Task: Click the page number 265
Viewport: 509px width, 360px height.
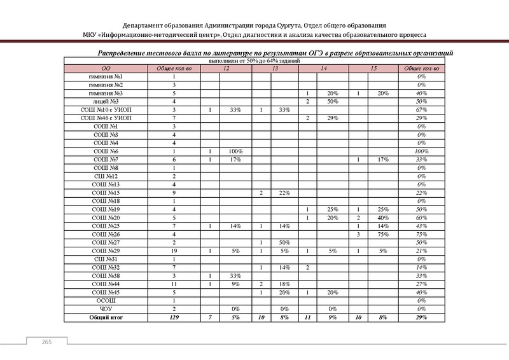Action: pyautogui.click(x=46, y=343)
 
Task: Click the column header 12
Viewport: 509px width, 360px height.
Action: pyautogui.click(x=227, y=68)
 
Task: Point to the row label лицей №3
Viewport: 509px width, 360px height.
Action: pyautogui.click(x=106, y=101)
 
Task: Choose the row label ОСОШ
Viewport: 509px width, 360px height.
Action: pyautogui.click(x=106, y=300)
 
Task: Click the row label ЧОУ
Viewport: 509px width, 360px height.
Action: pyautogui.click(x=106, y=308)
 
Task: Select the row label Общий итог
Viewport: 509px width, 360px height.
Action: pyautogui.click(x=106, y=317)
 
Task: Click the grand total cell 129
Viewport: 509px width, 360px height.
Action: pyautogui.click(x=174, y=317)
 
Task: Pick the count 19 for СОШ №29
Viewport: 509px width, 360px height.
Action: pyautogui.click(x=174, y=251)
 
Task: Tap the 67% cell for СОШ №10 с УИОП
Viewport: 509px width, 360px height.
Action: pyautogui.click(x=421, y=109)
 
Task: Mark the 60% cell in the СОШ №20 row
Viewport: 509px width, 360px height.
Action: pyautogui.click(x=421, y=218)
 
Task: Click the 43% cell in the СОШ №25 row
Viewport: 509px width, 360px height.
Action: pyautogui.click(x=421, y=226)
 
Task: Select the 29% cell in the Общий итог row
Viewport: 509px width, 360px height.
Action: pyautogui.click(x=421, y=317)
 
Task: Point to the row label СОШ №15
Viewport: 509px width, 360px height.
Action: pyautogui.click(x=106, y=193)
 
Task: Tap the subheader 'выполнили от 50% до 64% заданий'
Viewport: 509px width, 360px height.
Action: pyautogui.click(x=254, y=60)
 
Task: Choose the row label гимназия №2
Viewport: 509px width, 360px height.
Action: pyautogui.click(x=106, y=85)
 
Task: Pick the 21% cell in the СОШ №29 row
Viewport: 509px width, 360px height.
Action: pyautogui.click(x=421, y=251)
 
